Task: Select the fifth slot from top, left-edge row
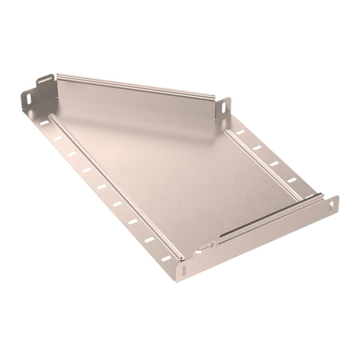coord(101,186)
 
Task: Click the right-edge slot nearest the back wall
coord(241,132)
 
